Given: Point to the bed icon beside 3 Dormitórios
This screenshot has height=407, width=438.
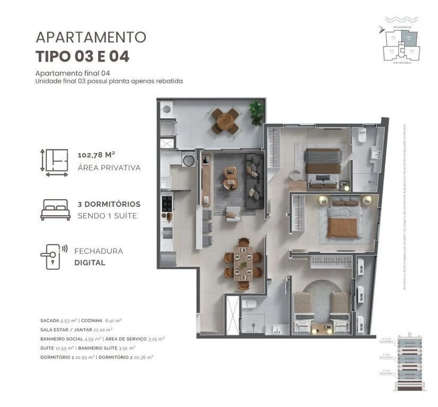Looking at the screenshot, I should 55,210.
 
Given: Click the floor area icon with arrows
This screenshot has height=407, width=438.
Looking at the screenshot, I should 54,162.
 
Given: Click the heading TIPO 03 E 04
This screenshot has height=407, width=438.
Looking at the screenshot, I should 82,56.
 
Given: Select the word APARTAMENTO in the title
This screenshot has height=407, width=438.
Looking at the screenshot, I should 91,37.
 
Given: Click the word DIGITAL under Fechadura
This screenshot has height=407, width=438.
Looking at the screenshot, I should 90,262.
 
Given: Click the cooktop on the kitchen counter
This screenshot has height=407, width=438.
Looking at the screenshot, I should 167,203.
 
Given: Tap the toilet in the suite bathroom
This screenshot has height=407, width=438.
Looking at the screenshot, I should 362,136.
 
